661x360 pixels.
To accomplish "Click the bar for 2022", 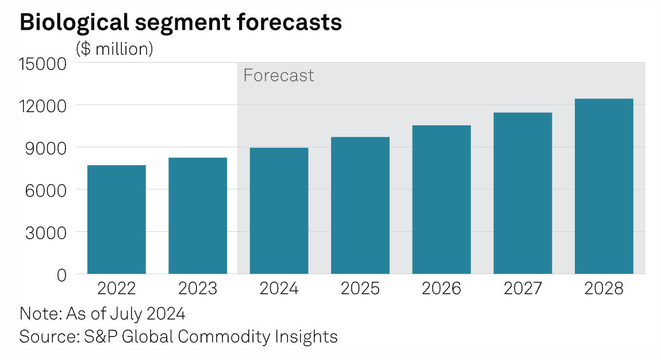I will pos(116,219).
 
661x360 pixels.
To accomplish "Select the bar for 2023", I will pos(198,216).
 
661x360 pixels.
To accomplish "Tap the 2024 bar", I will pos(279,210).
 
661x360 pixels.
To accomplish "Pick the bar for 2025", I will pos(360,205).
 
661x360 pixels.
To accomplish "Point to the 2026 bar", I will pos(441,200).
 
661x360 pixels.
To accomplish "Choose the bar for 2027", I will pos(523,193).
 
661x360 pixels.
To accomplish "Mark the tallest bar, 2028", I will pos(604,186).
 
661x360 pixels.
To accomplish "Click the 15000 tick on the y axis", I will pos(43,63).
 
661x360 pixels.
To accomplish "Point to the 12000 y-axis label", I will pos(43,106).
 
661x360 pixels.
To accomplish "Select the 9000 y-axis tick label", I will pos(48,148).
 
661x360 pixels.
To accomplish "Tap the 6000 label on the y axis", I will pos(48,190).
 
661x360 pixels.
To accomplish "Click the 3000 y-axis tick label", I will pos(48,232).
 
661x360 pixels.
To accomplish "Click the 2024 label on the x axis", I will pos(279,289).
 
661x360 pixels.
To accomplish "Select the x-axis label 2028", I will pos(604,289).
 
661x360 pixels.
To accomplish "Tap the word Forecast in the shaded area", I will pos(279,76).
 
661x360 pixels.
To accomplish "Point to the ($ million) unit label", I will pos(114,49).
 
